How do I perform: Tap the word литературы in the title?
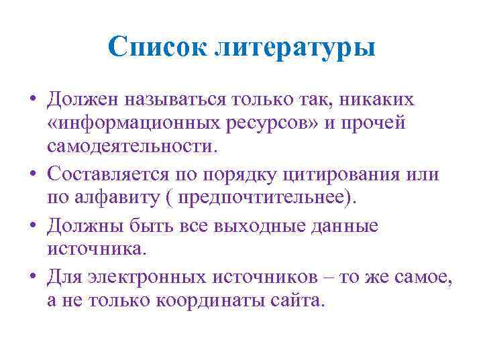(x=295, y=49)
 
